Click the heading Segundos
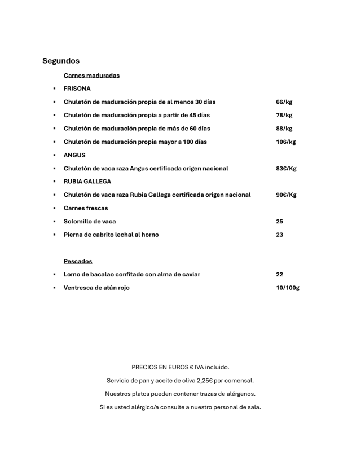click(61, 61)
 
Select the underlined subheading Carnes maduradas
click(91, 76)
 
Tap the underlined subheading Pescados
click(78, 261)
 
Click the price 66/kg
click(284, 102)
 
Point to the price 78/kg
click(284, 115)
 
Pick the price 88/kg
click(284, 129)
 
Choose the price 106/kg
click(285, 142)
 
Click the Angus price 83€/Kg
click(286, 168)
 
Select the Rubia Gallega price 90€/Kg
click(286, 195)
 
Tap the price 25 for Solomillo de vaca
click(279, 221)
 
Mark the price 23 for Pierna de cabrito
click(279, 235)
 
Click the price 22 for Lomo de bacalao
click(279, 274)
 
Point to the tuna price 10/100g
click(287, 288)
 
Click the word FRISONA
click(77, 89)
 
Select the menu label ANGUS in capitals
click(74, 155)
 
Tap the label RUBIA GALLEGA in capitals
click(87, 182)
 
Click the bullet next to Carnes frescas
click(54, 208)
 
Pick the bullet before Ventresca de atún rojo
click(54, 288)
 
